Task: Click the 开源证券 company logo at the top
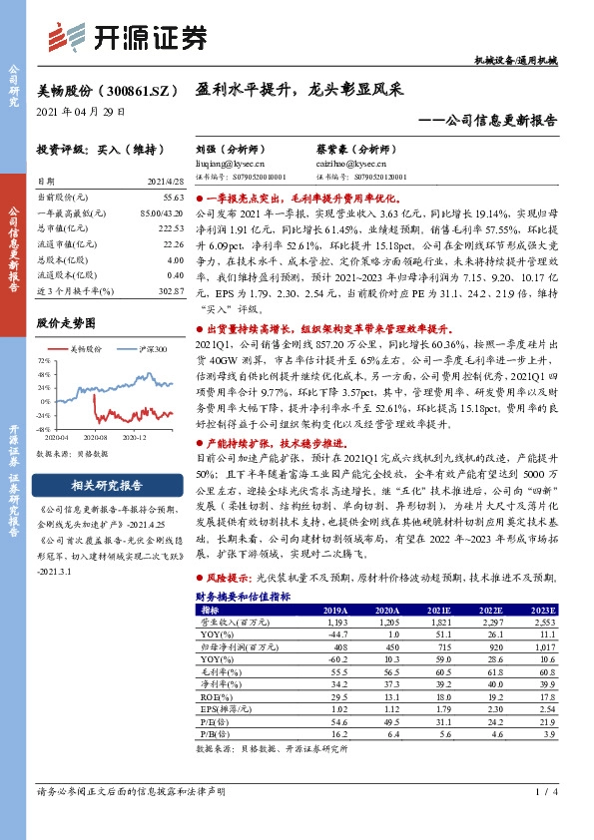click(x=130, y=37)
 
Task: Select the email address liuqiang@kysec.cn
click(x=224, y=161)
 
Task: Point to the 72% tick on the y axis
click(x=45, y=361)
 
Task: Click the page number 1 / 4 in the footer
click(x=543, y=792)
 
